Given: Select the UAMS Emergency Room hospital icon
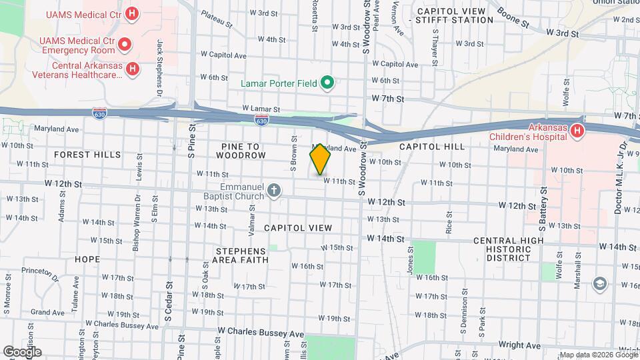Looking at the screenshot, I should click(125, 45).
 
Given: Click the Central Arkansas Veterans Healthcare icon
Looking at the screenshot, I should click(133, 68).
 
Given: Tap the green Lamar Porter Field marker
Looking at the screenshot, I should click(327, 83).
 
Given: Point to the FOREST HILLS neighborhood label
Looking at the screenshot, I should click(87, 155).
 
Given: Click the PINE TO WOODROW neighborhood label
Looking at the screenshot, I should click(241, 150).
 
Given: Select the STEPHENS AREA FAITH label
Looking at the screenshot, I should click(241, 255).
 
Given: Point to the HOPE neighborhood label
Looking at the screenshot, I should click(87, 259).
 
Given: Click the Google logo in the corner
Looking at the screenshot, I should click(22, 351).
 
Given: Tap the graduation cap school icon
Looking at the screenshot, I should click(599, 284).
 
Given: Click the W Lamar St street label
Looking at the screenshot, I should click(261, 108).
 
